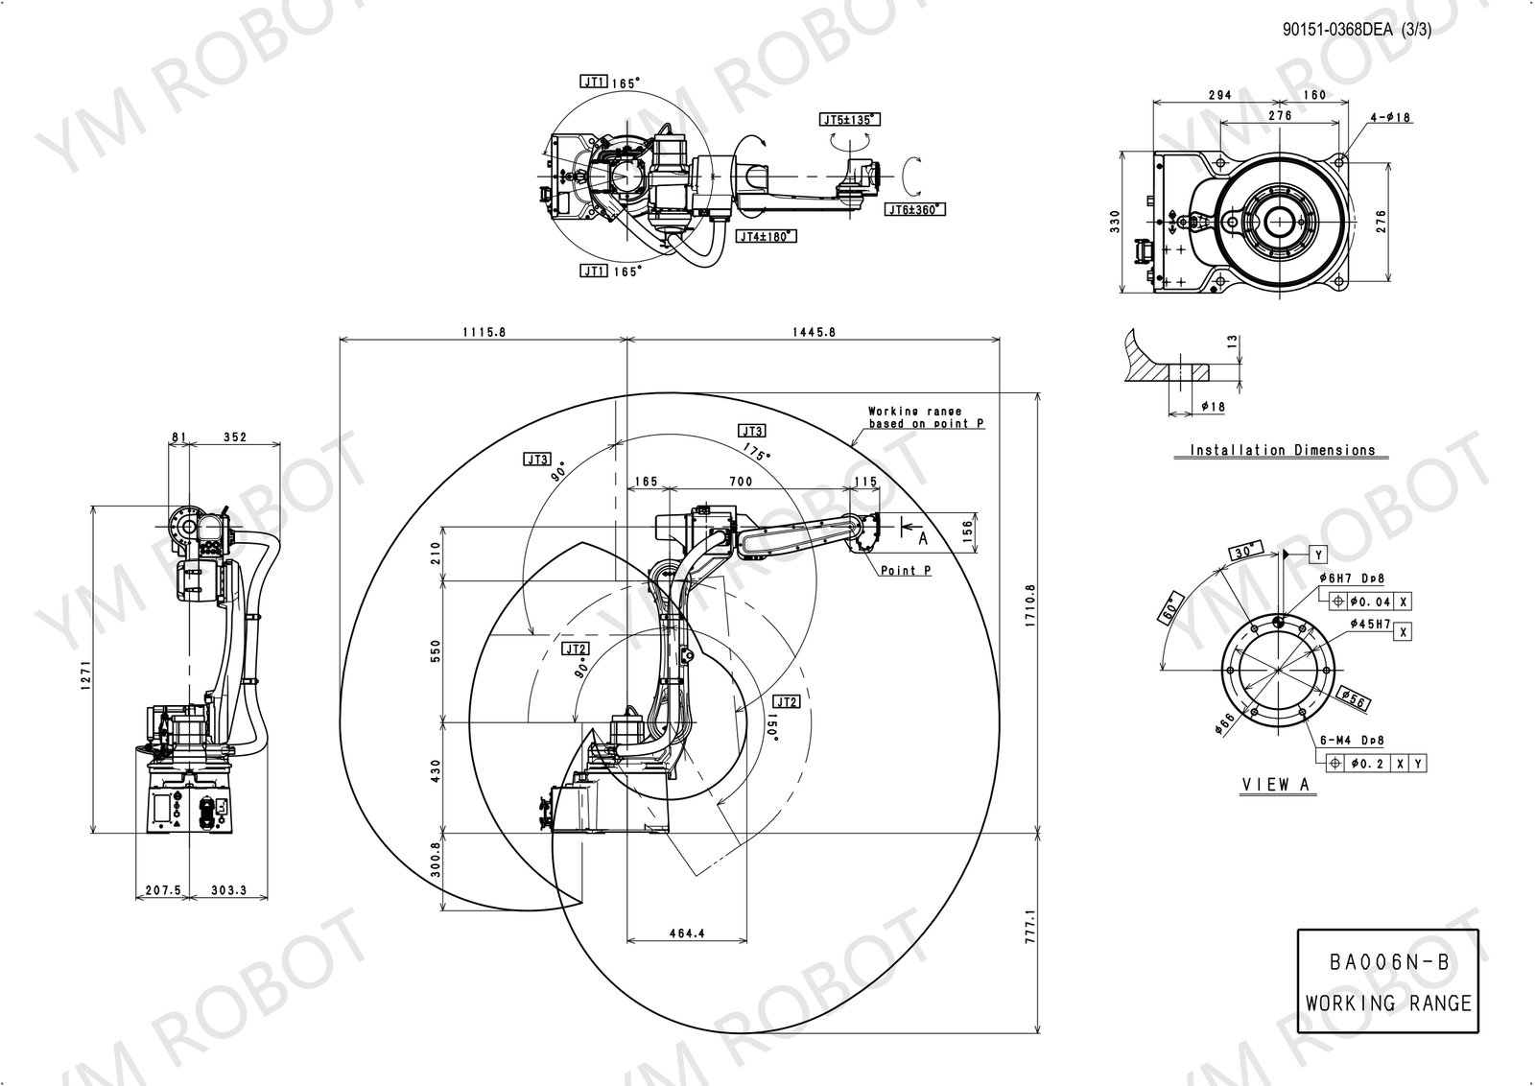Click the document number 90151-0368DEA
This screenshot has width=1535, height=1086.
[1337, 30]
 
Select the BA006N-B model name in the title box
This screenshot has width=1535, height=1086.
[1387, 962]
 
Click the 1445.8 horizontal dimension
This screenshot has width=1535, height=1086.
[814, 331]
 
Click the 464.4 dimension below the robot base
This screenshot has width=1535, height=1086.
[687, 933]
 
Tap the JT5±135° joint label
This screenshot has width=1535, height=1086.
[850, 120]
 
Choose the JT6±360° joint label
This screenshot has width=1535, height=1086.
[916, 209]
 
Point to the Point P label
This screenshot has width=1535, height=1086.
[906, 571]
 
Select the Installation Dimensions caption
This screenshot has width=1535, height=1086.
[1283, 450]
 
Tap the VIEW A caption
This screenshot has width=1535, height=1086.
[1276, 785]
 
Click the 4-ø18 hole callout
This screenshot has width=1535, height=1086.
[1391, 118]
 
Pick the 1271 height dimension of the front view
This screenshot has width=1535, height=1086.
[84, 669]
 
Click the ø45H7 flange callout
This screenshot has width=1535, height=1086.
[1370, 625]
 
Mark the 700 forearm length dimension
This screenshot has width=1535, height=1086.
[740, 481]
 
